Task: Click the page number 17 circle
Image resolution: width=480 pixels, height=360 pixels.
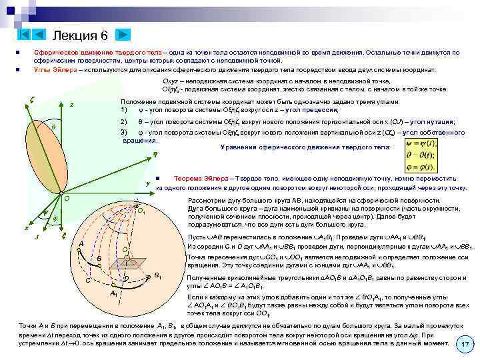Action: point(465,343)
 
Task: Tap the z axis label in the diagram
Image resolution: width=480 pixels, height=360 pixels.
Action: point(71,105)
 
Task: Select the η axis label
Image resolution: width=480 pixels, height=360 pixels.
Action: point(154,154)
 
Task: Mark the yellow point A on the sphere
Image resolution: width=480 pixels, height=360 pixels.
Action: point(79,251)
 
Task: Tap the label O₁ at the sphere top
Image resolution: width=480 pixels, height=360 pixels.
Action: point(141,211)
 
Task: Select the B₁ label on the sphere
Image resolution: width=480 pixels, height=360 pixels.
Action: point(157,275)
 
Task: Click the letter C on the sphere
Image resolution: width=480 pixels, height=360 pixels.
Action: point(87,280)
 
